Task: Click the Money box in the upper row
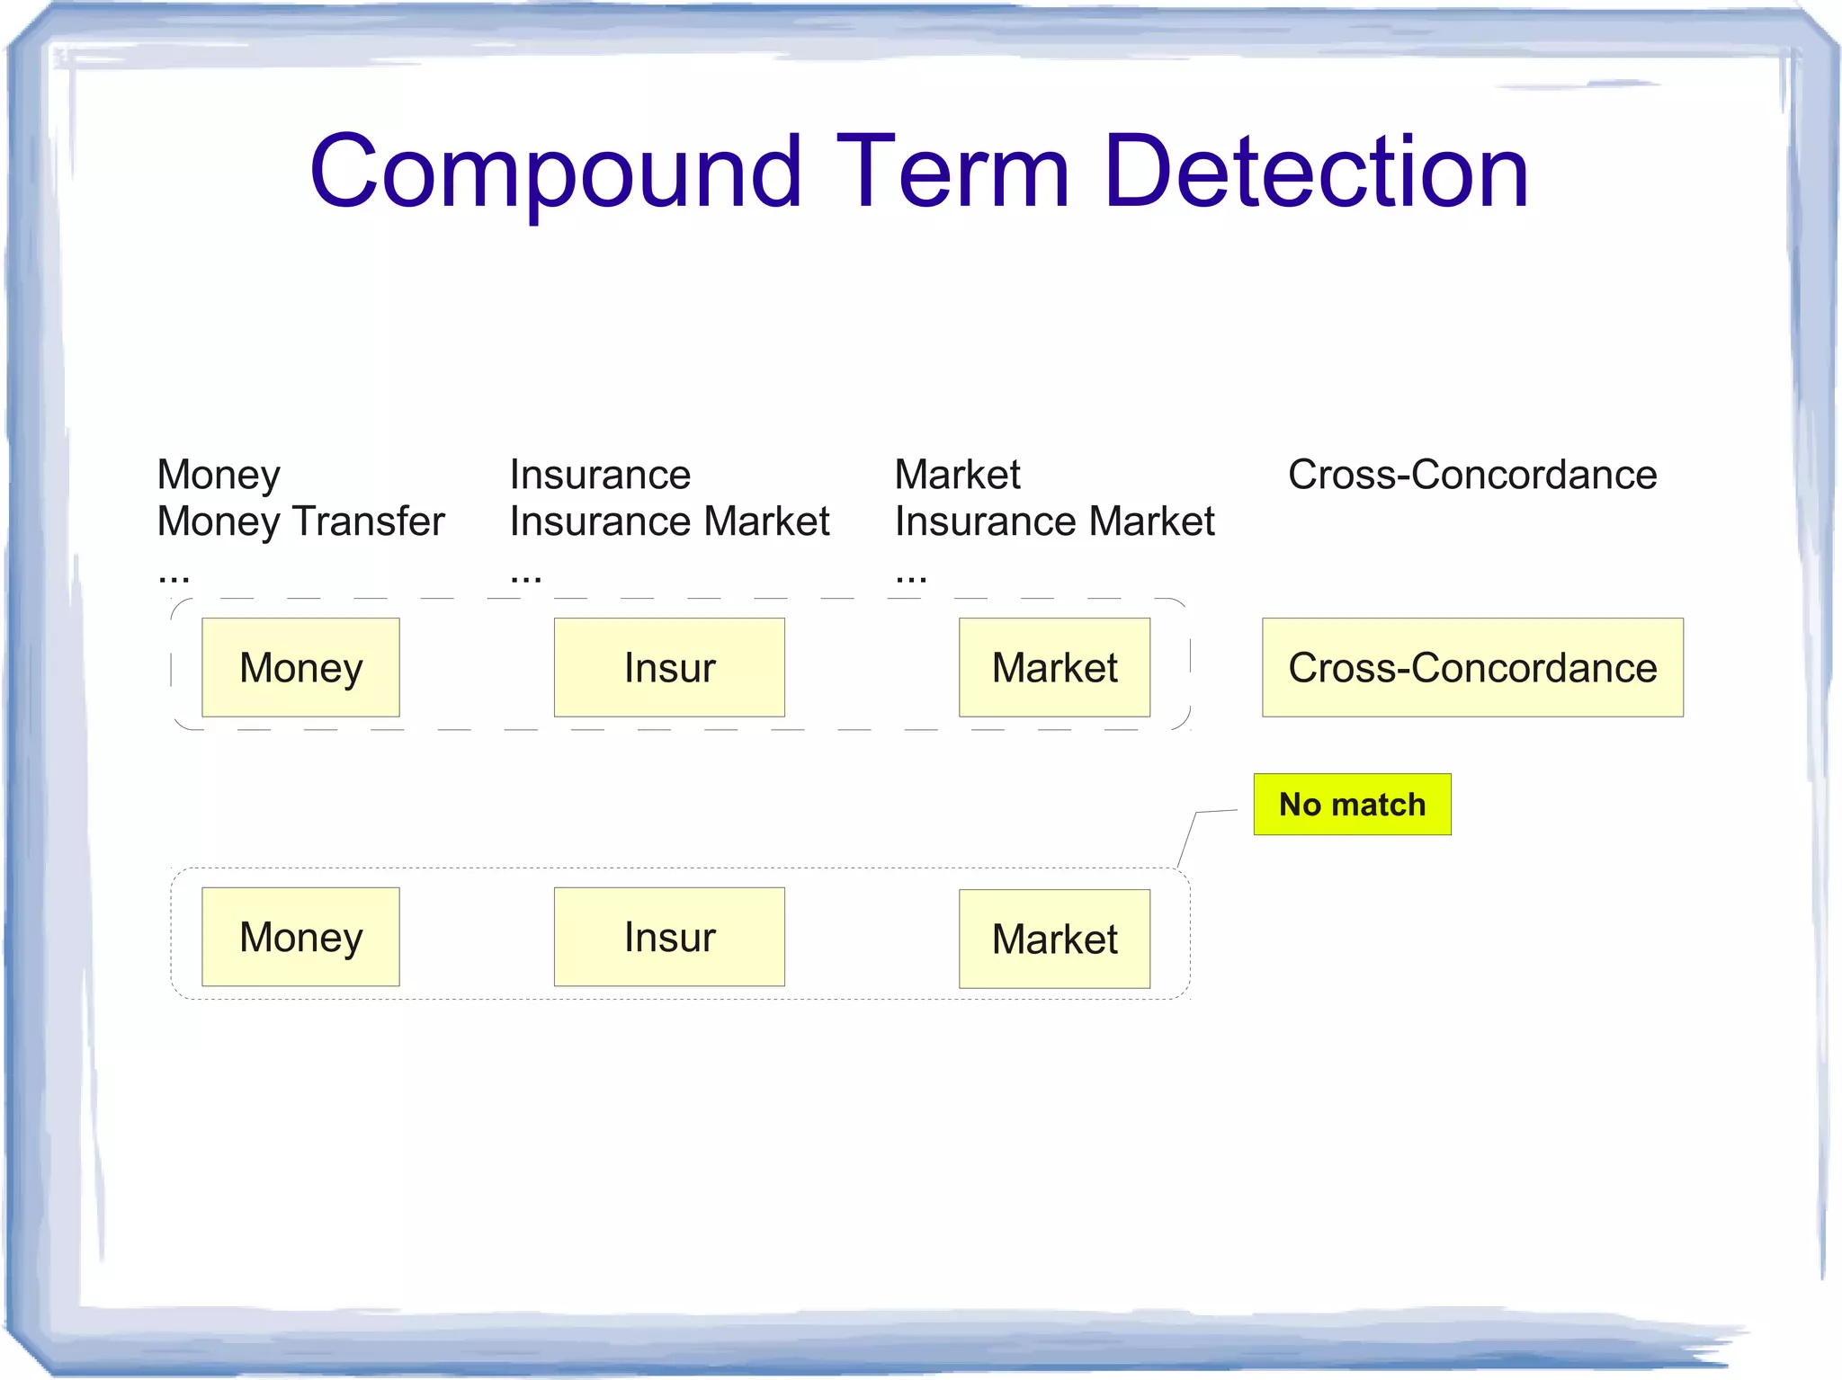click(x=300, y=667)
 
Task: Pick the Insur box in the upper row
click(x=669, y=667)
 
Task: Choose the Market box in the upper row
click(x=1054, y=667)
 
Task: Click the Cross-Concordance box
click(x=1472, y=667)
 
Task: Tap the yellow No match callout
click(x=1352, y=804)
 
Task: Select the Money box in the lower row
click(x=300, y=937)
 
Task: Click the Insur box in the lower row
click(x=669, y=937)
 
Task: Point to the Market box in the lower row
click(x=1054, y=939)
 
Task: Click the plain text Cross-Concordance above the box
click(x=1472, y=474)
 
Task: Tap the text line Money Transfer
click(x=300, y=521)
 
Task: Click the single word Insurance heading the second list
click(x=600, y=474)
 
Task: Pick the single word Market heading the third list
click(x=957, y=474)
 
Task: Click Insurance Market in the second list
click(x=669, y=521)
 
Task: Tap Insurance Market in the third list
click(x=1054, y=521)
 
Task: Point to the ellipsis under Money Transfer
click(x=174, y=576)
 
